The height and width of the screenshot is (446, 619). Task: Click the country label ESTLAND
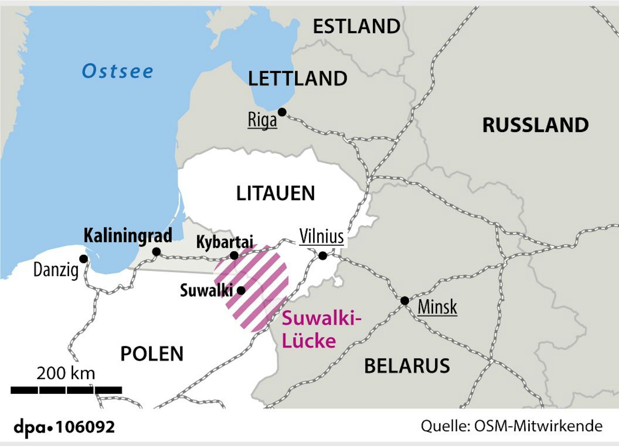pos(357,26)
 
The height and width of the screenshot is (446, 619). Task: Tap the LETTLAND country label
pos(297,79)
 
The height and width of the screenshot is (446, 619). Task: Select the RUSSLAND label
pos(535,125)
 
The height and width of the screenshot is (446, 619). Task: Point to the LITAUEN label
pos(275,193)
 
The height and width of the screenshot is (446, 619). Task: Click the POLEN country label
pos(152,354)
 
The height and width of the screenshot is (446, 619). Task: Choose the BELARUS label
pos(407,366)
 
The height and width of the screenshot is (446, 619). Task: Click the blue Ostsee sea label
pos(118,71)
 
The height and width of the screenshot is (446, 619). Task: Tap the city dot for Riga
pos(282,112)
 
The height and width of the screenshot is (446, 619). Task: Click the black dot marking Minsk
pos(405,300)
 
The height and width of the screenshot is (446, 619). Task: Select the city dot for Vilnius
pos(323,256)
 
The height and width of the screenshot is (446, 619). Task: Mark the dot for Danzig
pos(84,259)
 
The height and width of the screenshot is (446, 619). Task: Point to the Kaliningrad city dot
pos(157,252)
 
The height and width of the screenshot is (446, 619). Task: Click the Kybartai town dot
pos(234,256)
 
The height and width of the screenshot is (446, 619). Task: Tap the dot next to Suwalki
pos(241,291)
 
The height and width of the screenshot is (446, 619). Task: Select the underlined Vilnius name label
pos(322,237)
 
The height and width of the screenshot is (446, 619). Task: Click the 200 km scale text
pos(66,373)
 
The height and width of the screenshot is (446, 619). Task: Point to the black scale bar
pos(66,390)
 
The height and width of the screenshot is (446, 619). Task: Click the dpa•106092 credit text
pos(64,427)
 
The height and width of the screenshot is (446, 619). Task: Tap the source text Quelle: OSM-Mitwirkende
pos(512,426)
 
